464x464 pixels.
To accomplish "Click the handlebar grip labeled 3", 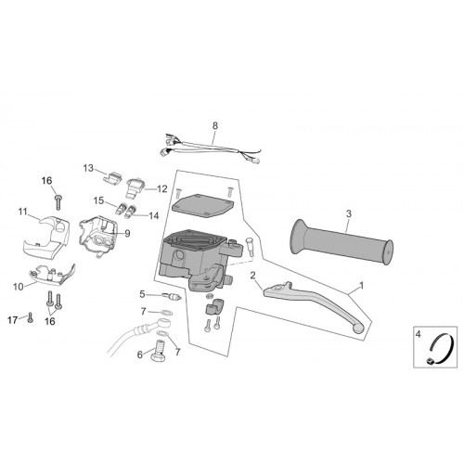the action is point(342,242).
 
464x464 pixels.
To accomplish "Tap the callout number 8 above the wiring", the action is point(215,126).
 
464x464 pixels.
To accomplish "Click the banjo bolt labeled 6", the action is point(159,352).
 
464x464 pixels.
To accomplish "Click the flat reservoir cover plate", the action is point(202,204).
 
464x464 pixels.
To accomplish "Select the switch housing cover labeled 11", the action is point(46,237).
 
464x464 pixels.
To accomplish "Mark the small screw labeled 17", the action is point(30,317).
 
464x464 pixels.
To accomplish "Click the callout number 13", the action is point(88,168).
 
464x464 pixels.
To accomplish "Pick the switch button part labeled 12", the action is point(135,187).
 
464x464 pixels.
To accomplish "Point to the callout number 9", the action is point(127,234).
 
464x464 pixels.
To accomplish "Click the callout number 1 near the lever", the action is point(361,286).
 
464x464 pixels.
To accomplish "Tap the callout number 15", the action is point(99,200).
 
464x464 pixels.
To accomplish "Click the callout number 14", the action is point(153,215).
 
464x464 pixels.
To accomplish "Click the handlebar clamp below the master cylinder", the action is point(213,306).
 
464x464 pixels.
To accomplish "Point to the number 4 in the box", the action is point(419,334).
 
